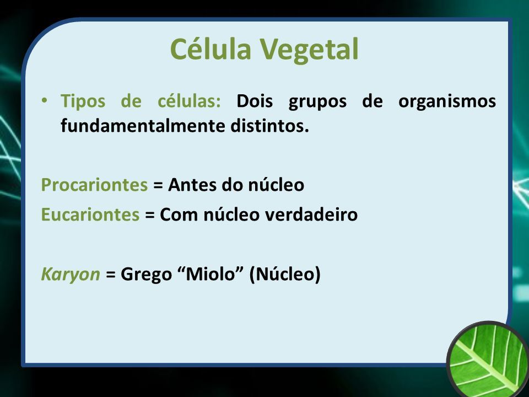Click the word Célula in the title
(211, 49)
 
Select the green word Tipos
(83, 101)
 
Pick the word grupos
(317, 102)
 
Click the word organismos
(447, 102)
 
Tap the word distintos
(269, 126)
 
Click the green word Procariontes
(94, 185)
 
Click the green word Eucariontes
(90, 214)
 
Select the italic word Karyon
(71, 274)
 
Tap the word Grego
(147, 275)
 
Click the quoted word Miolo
(210, 273)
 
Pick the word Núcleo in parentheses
(285, 274)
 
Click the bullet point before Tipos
(44, 100)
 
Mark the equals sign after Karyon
(111, 274)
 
